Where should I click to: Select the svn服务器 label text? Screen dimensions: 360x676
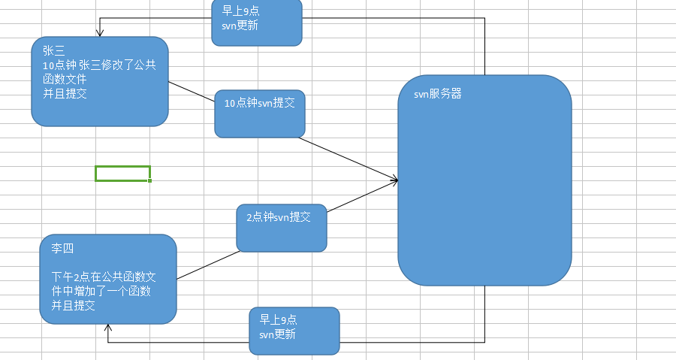coord(437,95)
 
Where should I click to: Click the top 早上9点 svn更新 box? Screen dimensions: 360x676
coord(257,23)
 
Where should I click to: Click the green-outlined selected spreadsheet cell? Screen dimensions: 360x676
coord(122,174)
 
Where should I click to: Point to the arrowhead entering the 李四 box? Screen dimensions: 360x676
coord(108,328)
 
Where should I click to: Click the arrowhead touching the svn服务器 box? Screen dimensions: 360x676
coord(394,180)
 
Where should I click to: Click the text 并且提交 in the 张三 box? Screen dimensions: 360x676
coord(65,93)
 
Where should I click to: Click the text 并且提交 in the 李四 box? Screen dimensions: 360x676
coord(74,306)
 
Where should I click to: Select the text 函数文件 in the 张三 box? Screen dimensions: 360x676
coord(65,80)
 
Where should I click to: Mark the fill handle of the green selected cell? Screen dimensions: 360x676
coord(150,181)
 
